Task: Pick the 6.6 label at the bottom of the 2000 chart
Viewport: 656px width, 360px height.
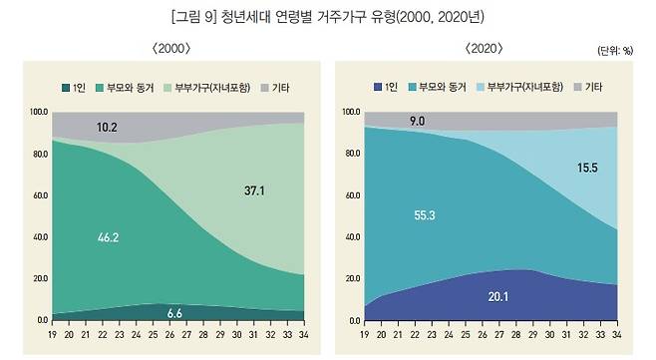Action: click(x=173, y=312)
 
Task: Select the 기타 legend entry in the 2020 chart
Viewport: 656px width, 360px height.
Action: click(x=592, y=87)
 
